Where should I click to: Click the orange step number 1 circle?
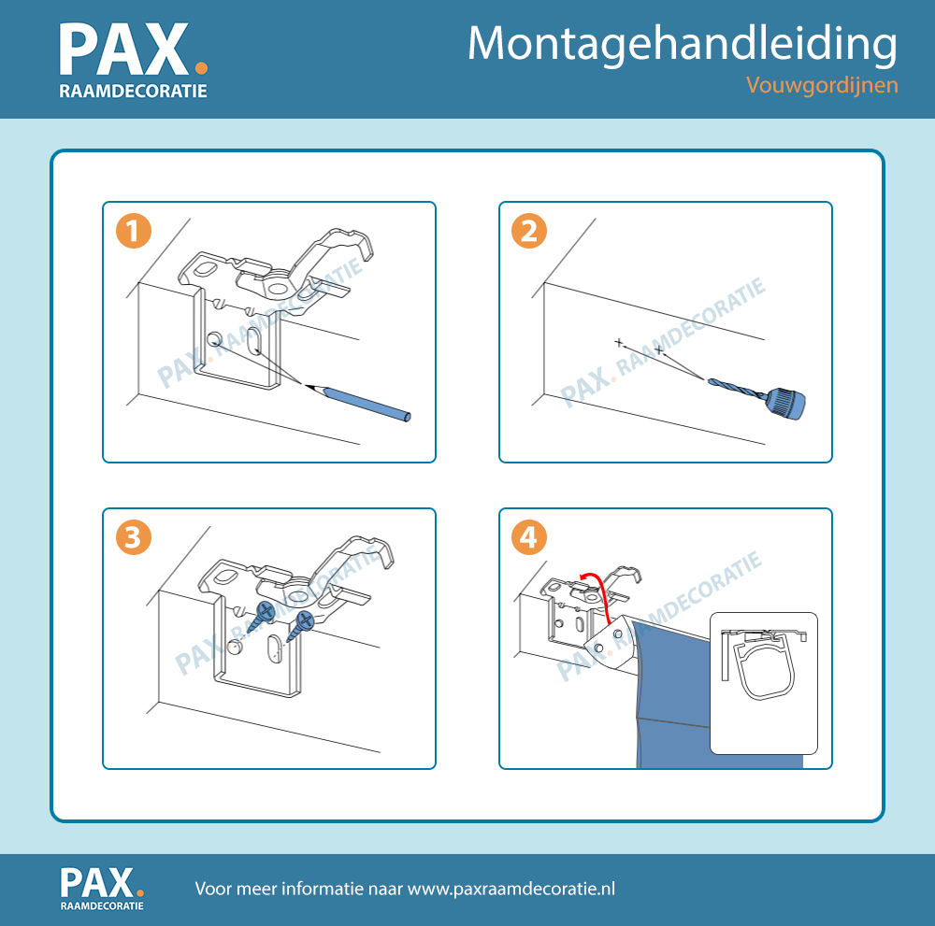pos(134,231)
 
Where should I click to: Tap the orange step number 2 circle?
pos(529,231)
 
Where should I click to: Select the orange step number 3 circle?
pos(134,537)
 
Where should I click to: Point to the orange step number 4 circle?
pos(529,537)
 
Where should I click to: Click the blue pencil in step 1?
pos(358,401)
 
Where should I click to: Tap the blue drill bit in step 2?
pos(738,387)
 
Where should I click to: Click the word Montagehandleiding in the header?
pos(683,45)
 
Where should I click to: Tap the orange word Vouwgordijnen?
pos(822,85)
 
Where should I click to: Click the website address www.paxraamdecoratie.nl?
pos(511,889)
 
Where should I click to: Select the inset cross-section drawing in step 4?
pos(764,683)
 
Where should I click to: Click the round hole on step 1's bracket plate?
pos(214,339)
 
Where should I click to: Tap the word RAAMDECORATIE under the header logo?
pos(133,91)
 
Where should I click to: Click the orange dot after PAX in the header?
pos(202,68)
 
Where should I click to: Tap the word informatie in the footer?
pos(322,889)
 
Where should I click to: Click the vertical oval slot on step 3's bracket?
pos(274,648)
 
